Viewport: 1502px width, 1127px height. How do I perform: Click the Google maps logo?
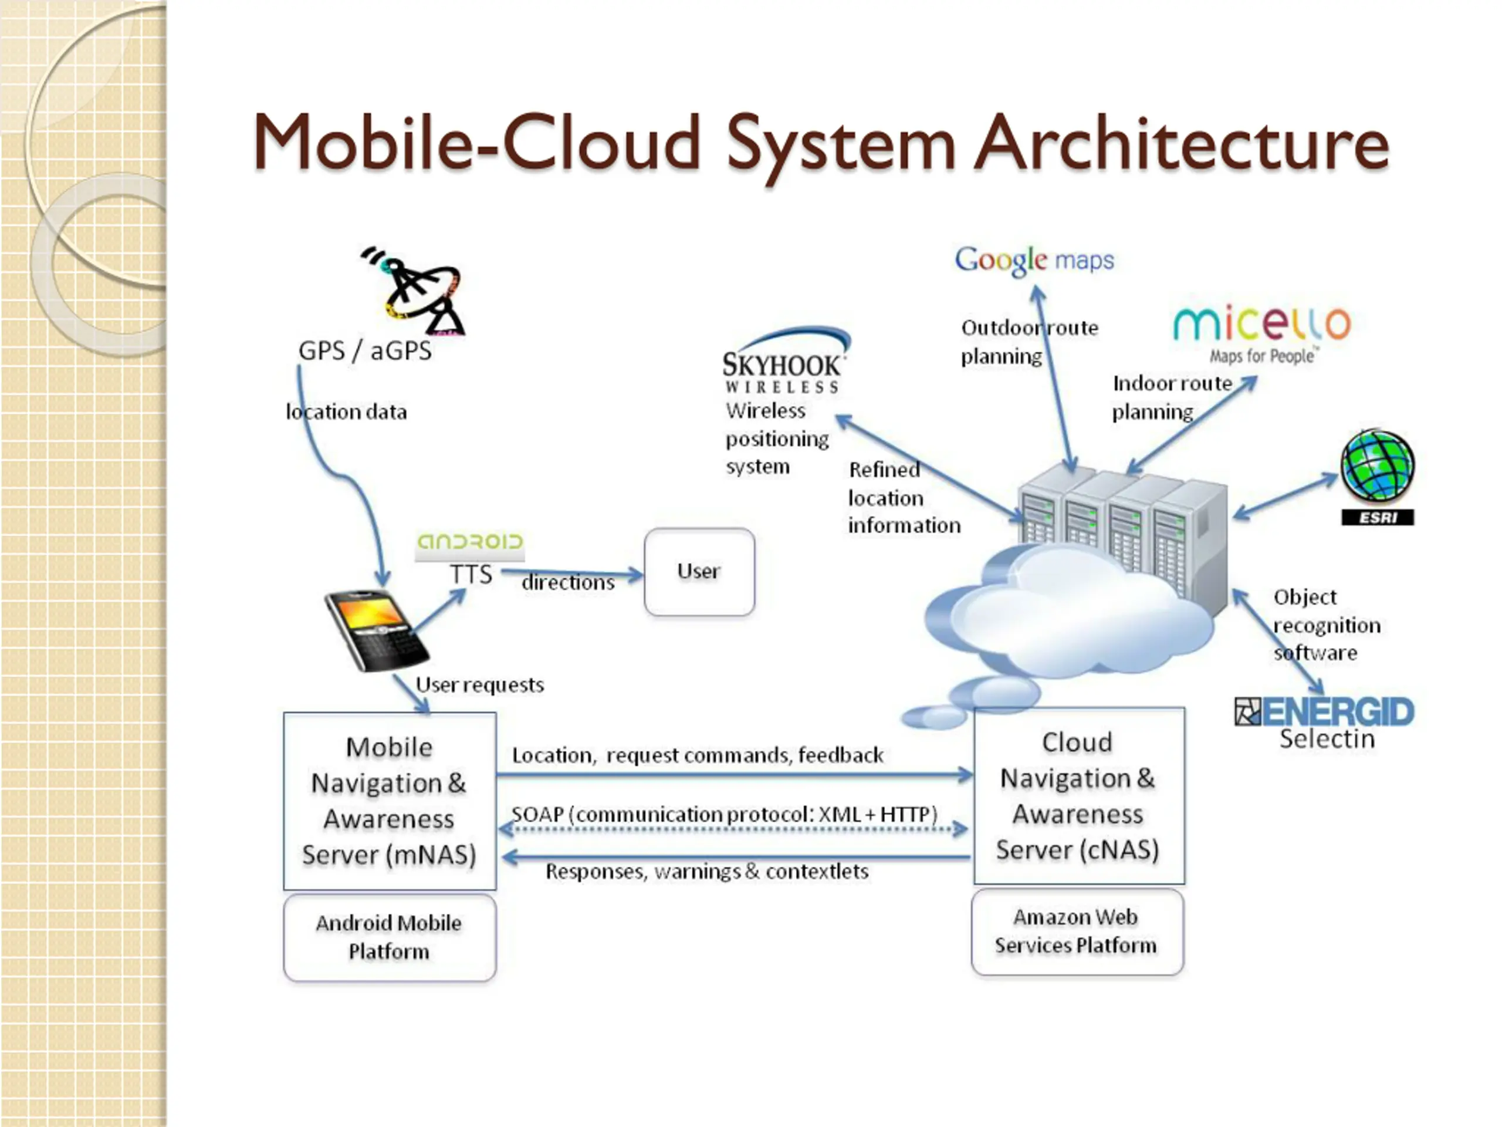(x=1034, y=260)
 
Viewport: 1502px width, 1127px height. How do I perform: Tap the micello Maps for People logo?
(x=1262, y=334)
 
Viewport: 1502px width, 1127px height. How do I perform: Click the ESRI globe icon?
(x=1378, y=477)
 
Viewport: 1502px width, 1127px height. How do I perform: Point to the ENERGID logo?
(x=1324, y=712)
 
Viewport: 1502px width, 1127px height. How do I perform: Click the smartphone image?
(x=376, y=630)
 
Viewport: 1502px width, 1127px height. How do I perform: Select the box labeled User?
(x=699, y=572)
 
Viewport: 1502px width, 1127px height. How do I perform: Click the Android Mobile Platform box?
(x=390, y=937)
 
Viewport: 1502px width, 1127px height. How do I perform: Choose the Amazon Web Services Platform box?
(x=1078, y=932)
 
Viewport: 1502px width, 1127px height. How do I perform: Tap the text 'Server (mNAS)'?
(x=389, y=855)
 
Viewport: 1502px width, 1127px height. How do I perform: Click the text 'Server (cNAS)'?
(x=1078, y=850)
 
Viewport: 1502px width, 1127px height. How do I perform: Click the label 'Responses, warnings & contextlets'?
(x=707, y=872)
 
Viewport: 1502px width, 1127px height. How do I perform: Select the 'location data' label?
(x=346, y=411)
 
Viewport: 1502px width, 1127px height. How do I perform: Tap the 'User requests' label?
(x=479, y=685)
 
